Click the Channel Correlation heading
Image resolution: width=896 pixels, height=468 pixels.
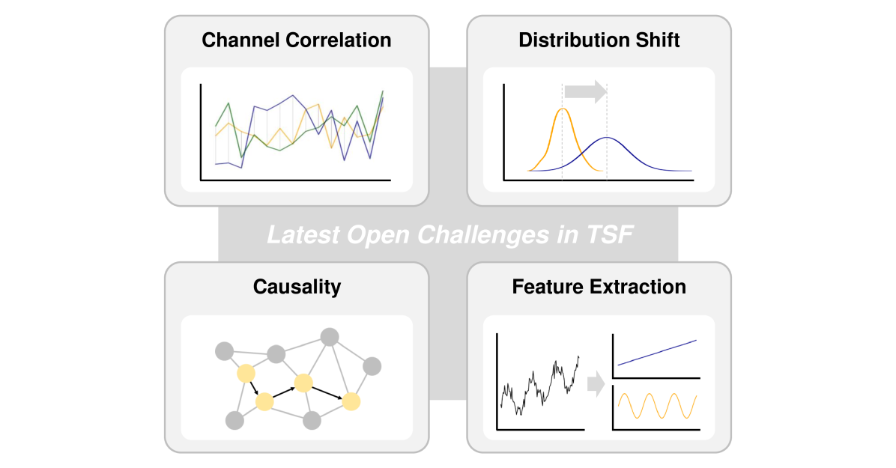click(x=296, y=40)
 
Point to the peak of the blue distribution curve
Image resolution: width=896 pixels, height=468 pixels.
click(x=608, y=138)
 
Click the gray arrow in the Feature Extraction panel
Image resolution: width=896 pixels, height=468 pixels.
click(x=596, y=385)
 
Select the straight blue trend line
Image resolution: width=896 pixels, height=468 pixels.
click(x=657, y=352)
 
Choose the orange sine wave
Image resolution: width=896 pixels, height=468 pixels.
click(x=657, y=405)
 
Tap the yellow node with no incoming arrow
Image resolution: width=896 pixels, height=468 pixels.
click(x=245, y=374)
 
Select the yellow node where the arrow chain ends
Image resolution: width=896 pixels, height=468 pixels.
click(x=351, y=402)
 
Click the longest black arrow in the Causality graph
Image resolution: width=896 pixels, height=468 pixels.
click(x=327, y=392)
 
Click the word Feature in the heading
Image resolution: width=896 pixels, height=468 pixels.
click(x=545, y=287)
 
